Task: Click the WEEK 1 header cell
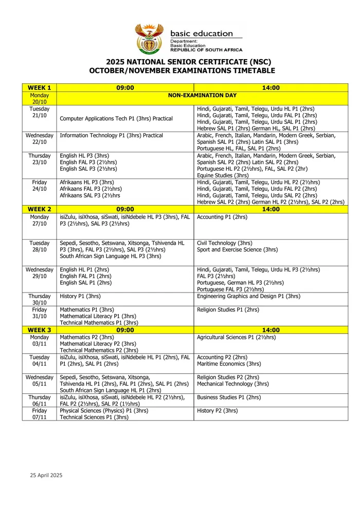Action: [40, 88]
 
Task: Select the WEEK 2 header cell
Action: [40, 209]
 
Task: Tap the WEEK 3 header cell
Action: [40, 330]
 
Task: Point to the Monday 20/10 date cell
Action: [40, 99]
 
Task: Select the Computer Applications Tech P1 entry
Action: [116, 118]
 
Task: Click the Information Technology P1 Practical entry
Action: [111, 136]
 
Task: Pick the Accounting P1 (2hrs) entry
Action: [222, 217]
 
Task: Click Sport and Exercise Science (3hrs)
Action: [237, 250]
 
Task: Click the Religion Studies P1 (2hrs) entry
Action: [228, 310]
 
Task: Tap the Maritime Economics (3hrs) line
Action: [229, 363]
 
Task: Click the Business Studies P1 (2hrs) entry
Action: [229, 397]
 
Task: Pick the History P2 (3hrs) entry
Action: [218, 411]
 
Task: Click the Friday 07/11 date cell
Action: [40, 414]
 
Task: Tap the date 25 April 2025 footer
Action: [46, 476]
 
